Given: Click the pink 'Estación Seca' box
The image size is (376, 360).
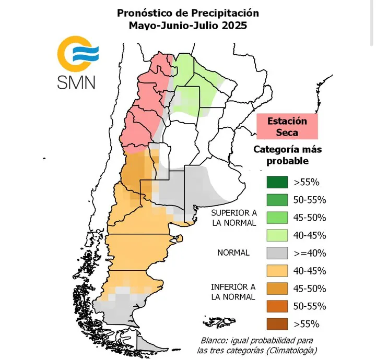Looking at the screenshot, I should [287, 126].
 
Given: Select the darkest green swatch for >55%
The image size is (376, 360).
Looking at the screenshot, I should [277, 182].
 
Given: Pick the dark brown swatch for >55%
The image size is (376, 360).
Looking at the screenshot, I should [277, 323].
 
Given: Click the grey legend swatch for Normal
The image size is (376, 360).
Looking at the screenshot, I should [277, 253].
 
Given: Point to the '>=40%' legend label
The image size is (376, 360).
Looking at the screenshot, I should [310, 253].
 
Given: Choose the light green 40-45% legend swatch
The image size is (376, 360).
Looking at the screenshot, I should [277, 235].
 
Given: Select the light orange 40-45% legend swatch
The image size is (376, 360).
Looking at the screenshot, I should [277, 271].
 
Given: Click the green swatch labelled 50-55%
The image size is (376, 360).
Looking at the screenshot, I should [277, 200].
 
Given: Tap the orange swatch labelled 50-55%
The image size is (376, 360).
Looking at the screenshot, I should [277, 306].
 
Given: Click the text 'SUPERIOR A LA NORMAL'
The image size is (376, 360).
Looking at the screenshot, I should [233, 218].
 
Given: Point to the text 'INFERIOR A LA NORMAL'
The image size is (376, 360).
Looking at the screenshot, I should [233, 292].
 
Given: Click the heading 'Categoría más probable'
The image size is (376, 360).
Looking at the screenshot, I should [287, 155].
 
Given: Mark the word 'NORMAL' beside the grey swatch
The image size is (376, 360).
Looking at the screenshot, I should [233, 253].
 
